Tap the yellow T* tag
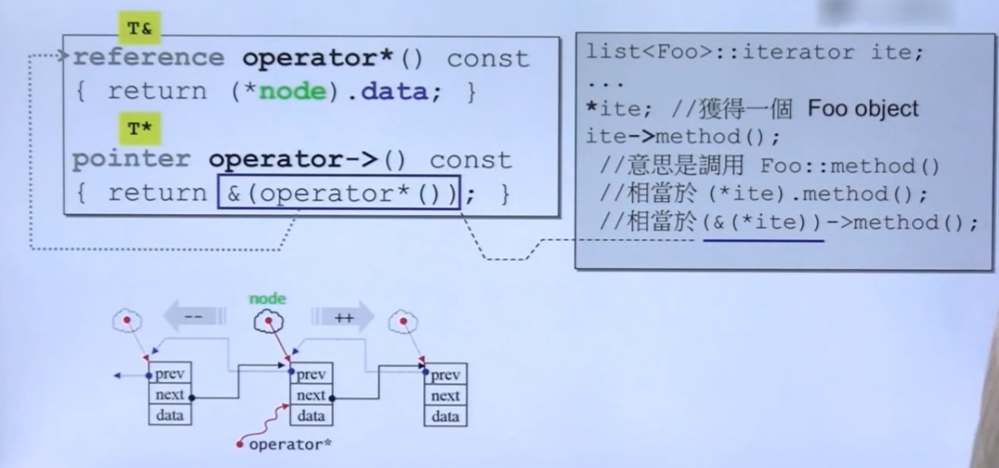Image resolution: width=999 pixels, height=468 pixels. tap(139, 127)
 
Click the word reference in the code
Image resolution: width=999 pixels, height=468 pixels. tap(149, 58)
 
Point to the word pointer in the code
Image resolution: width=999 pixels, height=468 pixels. tap(131, 159)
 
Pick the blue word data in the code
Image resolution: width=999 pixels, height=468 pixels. tap(393, 91)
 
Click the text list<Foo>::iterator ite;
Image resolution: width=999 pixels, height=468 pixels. tap(755, 53)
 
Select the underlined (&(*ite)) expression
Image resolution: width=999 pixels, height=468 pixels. tap(763, 223)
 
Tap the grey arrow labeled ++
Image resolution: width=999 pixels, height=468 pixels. tap(344, 317)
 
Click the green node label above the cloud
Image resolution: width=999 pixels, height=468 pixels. tap(268, 299)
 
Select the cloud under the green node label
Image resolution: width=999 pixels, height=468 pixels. tap(270, 322)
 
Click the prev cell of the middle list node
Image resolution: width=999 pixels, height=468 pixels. tap(311, 374)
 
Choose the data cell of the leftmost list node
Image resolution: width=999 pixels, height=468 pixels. tap(170, 415)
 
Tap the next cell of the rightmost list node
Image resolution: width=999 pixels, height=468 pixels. tap(445, 395)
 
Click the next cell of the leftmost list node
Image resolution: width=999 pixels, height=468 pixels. tap(170, 394)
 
